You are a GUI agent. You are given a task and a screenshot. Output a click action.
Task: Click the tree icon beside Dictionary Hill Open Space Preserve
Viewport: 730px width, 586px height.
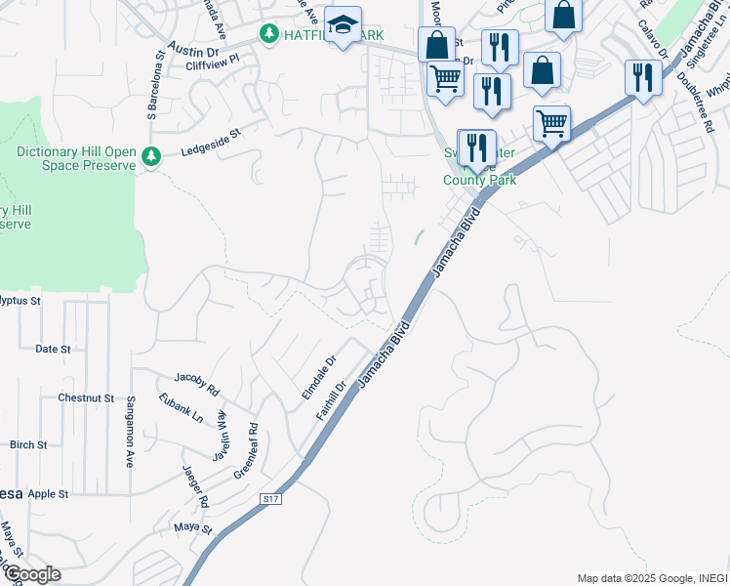pos(150,156)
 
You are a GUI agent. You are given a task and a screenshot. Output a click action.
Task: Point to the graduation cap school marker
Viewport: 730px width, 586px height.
pos(343,27)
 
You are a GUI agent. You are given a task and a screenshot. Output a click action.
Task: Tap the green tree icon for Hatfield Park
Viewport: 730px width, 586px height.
pos(268,33)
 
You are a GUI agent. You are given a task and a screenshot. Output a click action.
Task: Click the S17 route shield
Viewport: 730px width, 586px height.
pos(271,499)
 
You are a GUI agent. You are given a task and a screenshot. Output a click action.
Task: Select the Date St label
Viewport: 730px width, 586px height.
pos(53,349)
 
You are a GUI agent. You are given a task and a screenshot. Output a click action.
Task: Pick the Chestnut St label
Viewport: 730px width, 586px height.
pos(86,398)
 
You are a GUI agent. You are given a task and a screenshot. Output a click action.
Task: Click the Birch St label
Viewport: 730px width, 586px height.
pos(28,445)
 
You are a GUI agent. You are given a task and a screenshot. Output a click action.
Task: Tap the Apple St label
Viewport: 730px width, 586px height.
pos(49,494)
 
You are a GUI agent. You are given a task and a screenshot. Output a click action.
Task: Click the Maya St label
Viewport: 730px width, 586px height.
pos(193,529)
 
